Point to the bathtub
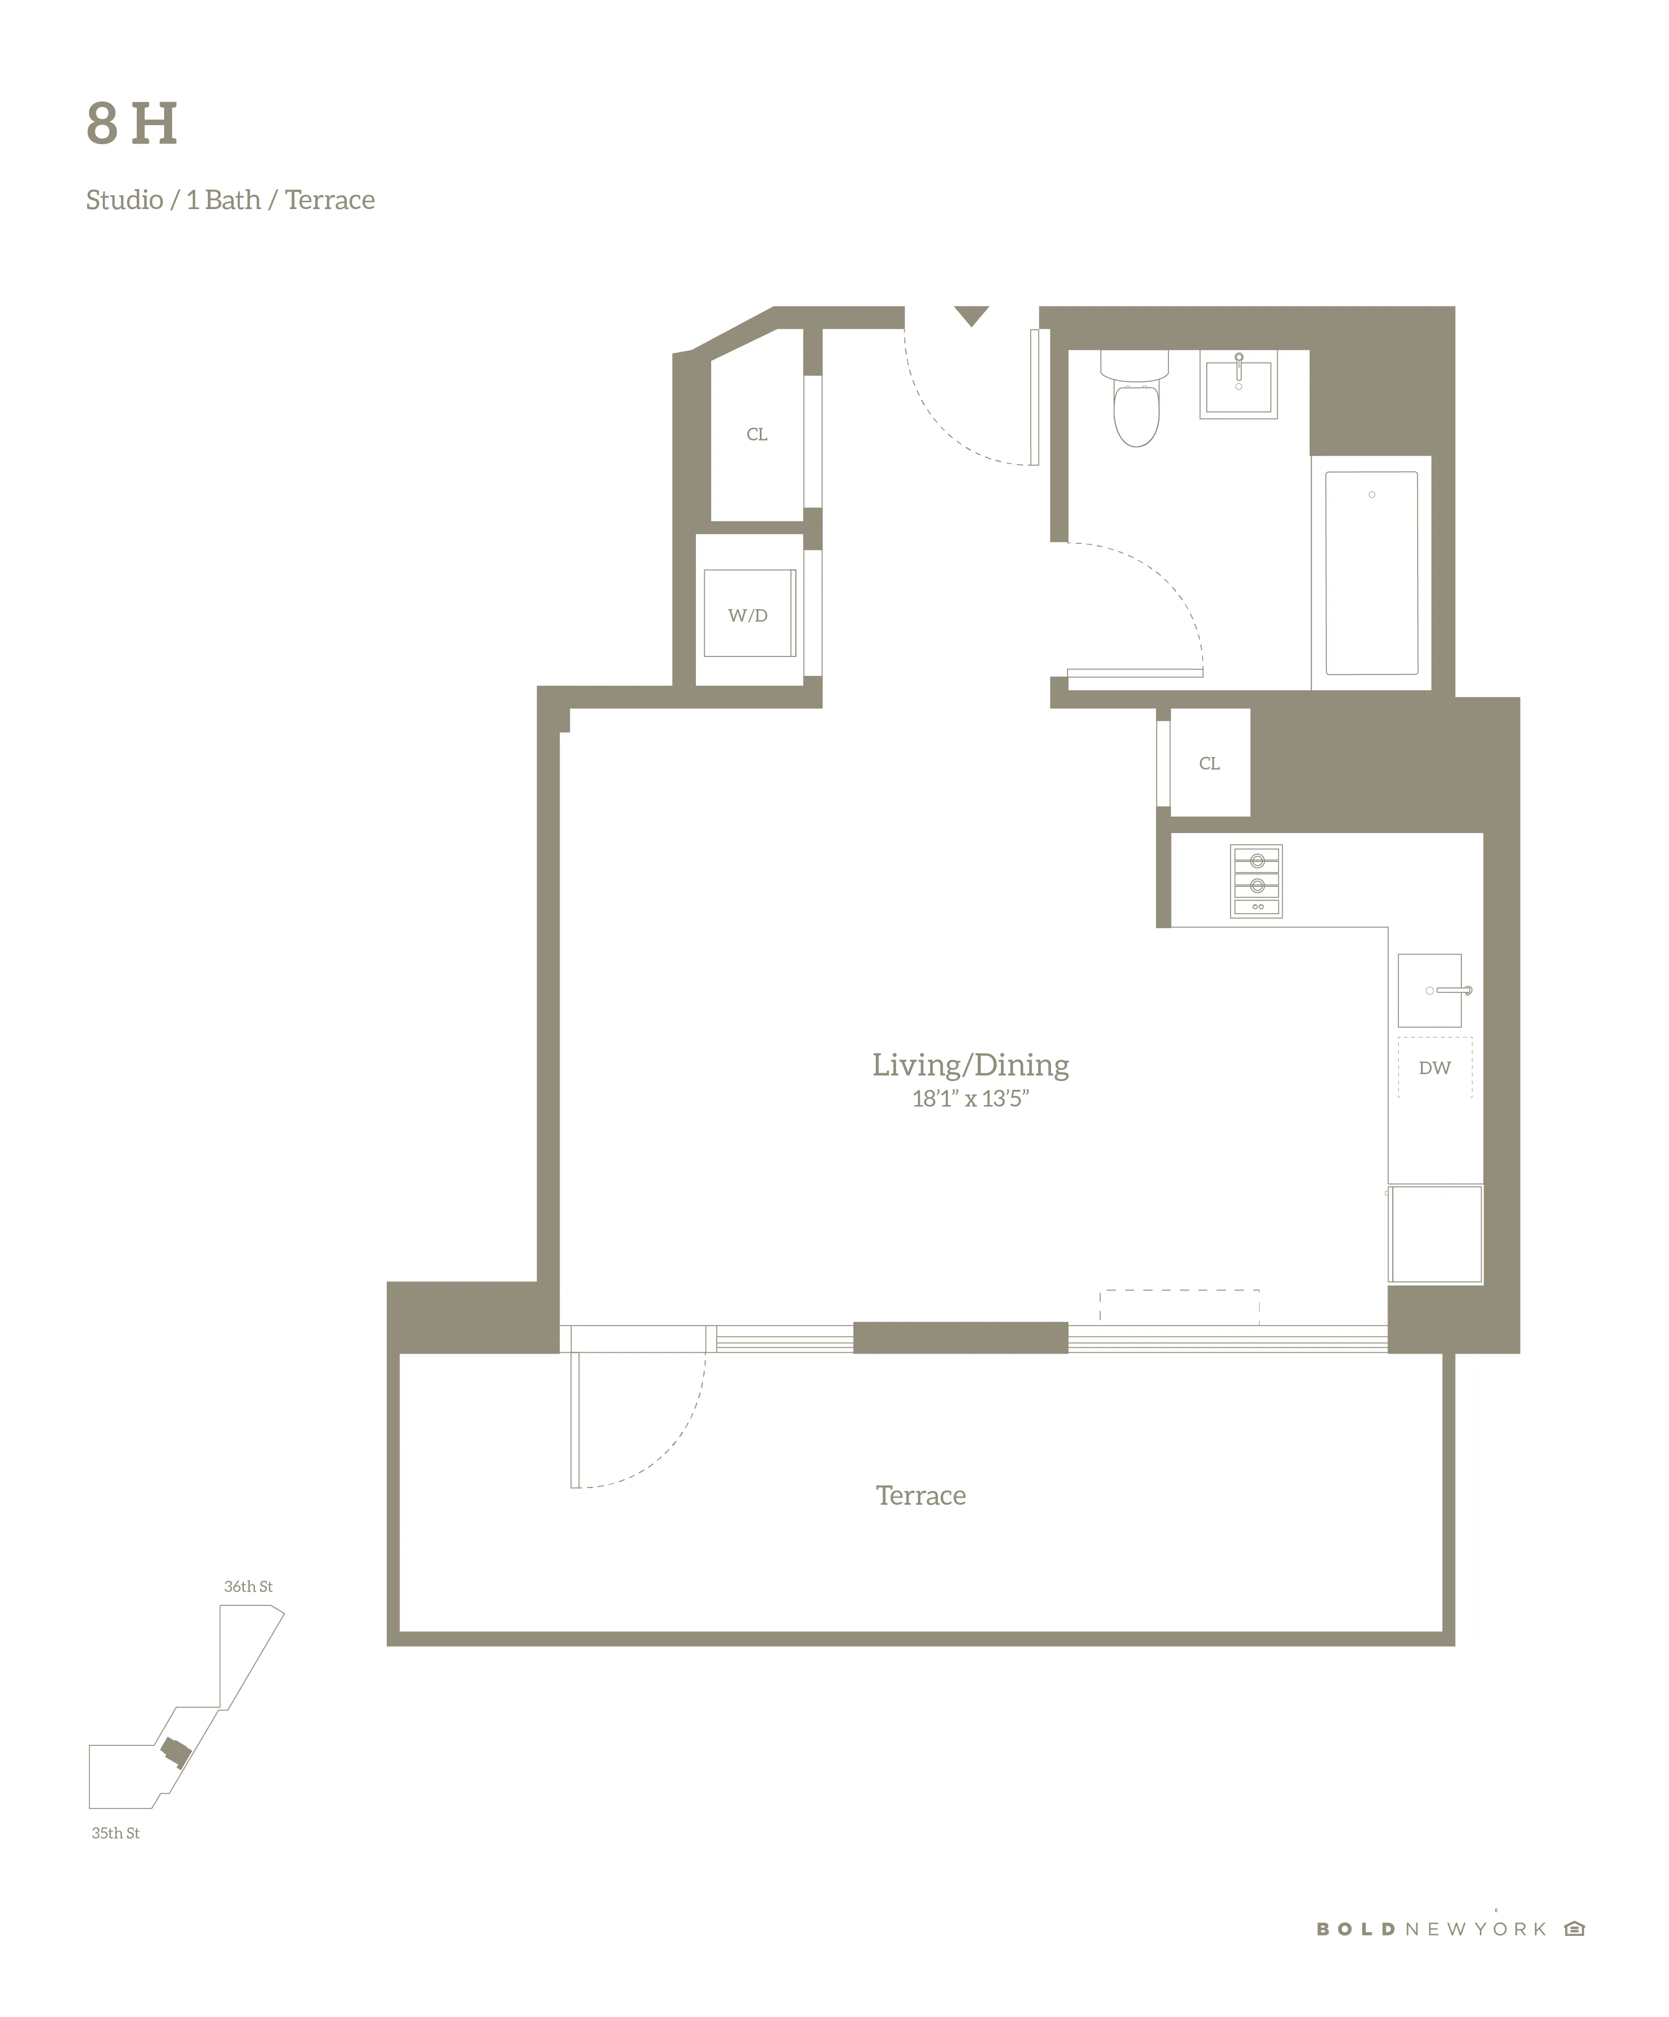1371,573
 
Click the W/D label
748,616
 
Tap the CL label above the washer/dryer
757,434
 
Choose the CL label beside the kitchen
1209,764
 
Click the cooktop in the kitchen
1256,881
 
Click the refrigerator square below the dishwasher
1436,1234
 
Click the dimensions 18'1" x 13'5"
970,1099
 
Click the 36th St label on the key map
248,1587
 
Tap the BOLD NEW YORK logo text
1431,1928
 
